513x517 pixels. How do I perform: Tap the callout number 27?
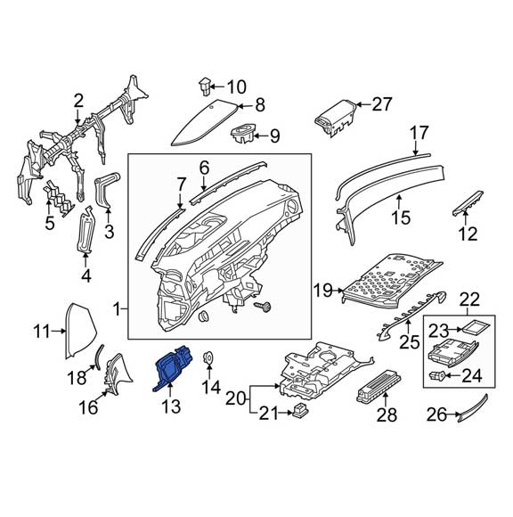(381, 104)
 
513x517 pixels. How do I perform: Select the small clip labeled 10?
(204, 86)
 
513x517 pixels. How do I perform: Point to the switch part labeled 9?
(242, 135)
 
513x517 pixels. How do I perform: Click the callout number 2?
(78, 100)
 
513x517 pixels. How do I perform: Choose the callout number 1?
(118, 308)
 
